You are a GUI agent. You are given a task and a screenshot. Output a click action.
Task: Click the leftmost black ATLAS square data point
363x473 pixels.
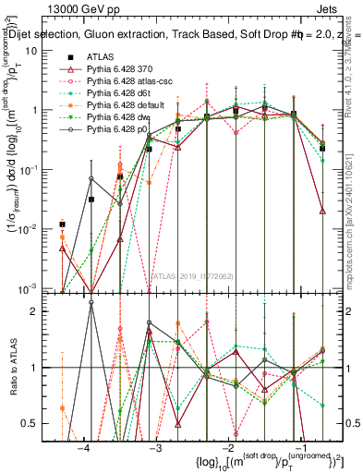(x=62, y=224)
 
